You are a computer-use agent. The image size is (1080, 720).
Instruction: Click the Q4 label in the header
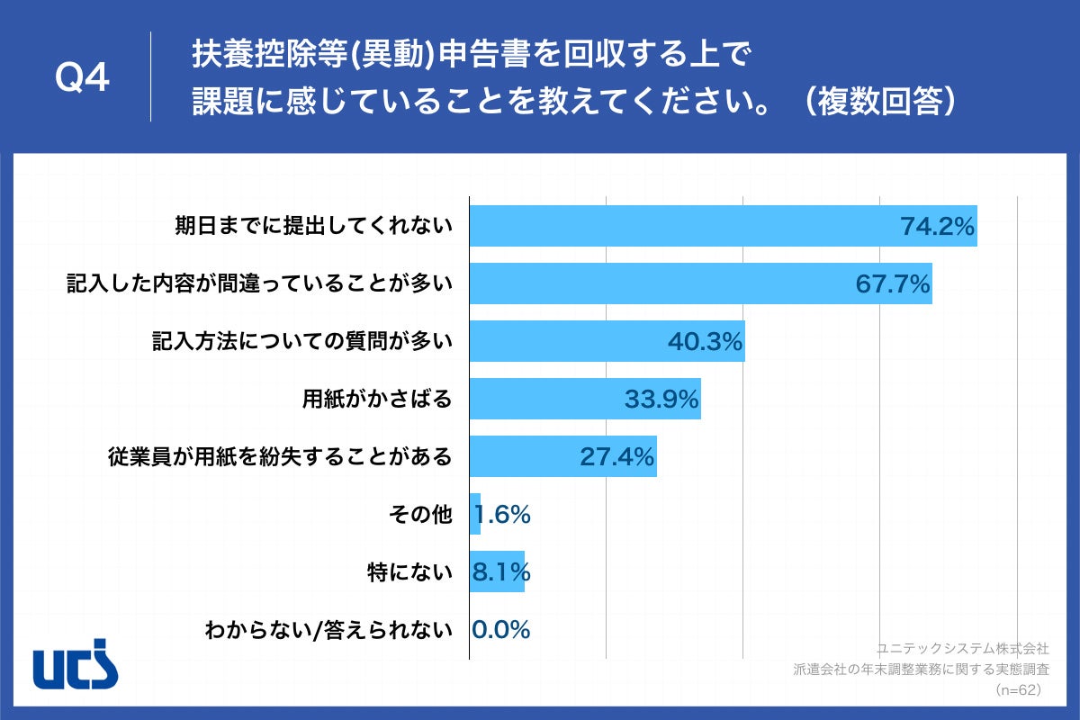click(x=82, y=78)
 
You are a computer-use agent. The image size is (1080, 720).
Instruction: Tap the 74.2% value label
click(x=938, y=227)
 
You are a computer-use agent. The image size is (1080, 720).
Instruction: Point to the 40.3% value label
click(x=705, y=342)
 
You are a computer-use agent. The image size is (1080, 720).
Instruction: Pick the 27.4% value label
click(x=616, y=457)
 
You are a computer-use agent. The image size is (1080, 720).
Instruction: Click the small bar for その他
click(x=475, y=514)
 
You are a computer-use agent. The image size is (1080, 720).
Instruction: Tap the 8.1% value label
click(x=501, y=571)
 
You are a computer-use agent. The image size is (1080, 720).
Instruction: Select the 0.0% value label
click(x=501, y=630)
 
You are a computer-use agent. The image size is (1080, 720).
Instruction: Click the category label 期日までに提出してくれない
click(x=313, y=227)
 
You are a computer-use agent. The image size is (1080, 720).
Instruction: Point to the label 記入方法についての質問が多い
click(x=301, y=342)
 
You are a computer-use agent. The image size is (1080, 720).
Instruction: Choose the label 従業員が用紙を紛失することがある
click(x=279, y=457)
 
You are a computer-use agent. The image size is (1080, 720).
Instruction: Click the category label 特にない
click(x=409, y=571)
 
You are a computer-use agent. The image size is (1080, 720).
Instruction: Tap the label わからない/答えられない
click(x=328, y=630)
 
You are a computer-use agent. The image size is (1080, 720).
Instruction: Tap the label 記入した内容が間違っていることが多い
click(x=259, y=284)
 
